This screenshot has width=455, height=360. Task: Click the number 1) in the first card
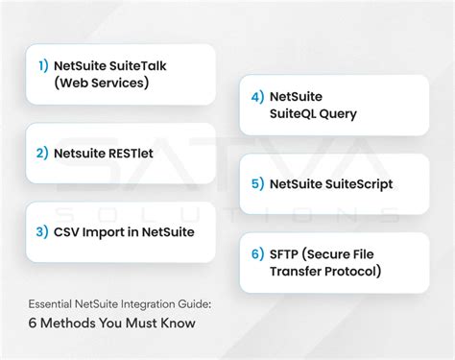click(42, 65)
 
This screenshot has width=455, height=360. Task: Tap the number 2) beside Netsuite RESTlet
click(42, 152)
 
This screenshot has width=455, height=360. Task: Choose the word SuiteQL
click(299, 114)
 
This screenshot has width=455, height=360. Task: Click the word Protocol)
click(352, 271)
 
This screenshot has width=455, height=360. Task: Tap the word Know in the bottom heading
click(177, 323)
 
